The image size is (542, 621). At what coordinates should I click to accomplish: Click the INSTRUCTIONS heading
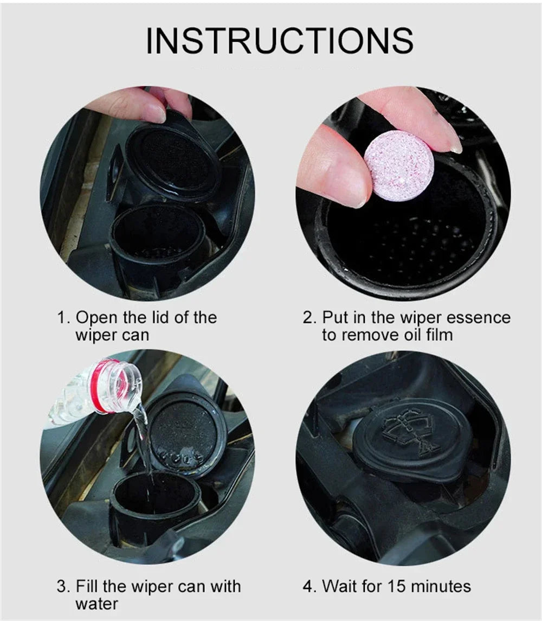click(280, 40)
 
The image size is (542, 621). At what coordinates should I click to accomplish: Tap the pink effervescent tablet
click(398, 161)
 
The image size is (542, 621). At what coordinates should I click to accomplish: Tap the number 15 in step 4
click(397, 586)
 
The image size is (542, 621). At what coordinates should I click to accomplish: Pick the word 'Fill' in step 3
click(85, 586)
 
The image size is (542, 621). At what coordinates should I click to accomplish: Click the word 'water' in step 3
click(96, 604)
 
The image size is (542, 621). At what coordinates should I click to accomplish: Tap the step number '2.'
click(309, 318)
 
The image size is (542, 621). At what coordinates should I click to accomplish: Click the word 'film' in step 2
click(440, 335)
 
